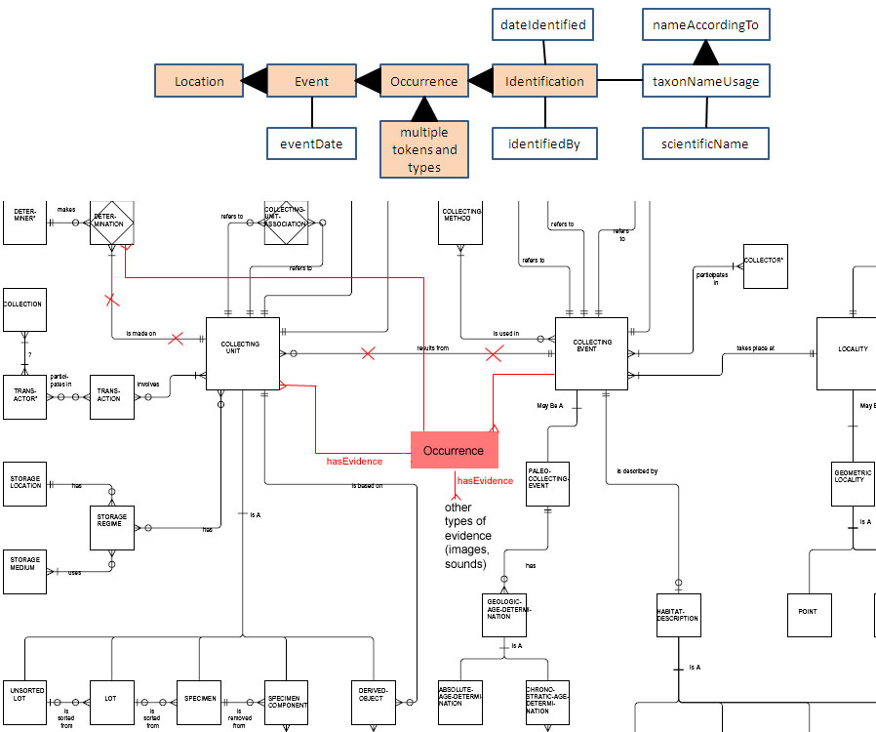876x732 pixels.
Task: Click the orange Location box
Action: click(199, 81)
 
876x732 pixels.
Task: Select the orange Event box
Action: click(311, 81)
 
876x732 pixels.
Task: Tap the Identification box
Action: click(544, 81)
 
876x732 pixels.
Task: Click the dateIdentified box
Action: click(542, 24)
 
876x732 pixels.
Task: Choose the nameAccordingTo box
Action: click(706, 24)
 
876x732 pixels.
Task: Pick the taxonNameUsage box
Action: click(706, 81)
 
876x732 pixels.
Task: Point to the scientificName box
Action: click(706, 143)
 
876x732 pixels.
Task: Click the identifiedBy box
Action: click(543, 143)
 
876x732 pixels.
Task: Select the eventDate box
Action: click(311, 143)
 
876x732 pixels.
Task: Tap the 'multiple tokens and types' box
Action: click(424, 149)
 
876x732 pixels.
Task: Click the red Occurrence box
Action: click(454, 450)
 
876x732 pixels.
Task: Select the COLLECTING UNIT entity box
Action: click(242, 353)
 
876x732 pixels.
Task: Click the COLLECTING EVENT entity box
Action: click(591, 353)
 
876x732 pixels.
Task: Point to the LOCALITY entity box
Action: click(852, 353)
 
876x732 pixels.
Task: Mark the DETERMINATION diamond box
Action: click(111, 223)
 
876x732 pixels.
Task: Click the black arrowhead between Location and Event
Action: click(255, 81)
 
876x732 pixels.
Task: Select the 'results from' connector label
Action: click(432, 347)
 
